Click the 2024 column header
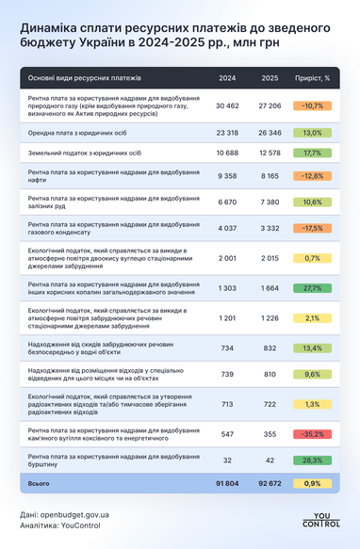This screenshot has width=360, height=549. point(227,77)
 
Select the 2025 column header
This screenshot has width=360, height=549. point(270,77)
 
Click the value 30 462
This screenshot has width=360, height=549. point(227,105)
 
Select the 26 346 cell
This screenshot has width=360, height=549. point(270,133)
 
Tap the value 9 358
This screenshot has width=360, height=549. point(227,175)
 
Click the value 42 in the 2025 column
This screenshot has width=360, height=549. point(270,460)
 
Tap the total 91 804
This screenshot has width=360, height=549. point(227,483)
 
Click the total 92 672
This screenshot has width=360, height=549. point(270,483)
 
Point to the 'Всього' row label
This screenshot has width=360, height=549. point(39,483)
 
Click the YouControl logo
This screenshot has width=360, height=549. point(321,520)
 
